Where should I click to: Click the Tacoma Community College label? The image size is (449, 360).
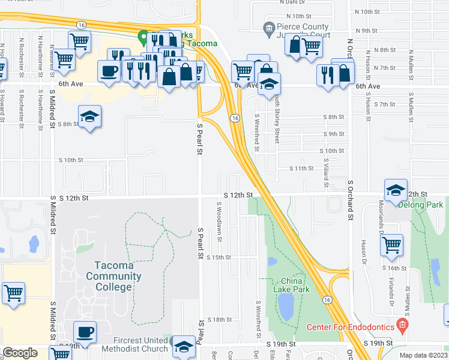(x=113, y=276)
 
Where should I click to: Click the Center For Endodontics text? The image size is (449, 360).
(x=351, y=327)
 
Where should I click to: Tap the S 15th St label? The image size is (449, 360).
(x=218, y=257)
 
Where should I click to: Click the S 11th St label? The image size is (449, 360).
(x=302, y=169)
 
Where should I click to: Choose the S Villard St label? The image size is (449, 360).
(x=327, y=171)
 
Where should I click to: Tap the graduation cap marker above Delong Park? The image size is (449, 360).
(x=396, y=190)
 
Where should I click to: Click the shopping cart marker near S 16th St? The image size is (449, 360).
(x=391, y=244)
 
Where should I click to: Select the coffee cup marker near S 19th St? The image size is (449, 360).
(x=85, y=332)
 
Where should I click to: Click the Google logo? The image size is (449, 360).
(x=20, y=353)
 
